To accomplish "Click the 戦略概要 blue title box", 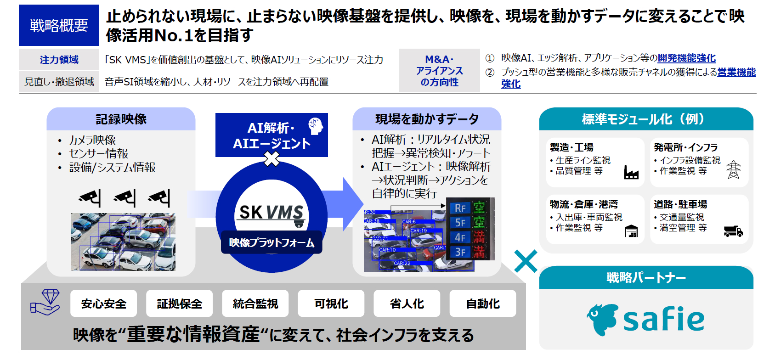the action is [x=59, y=25].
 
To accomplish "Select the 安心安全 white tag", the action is [x=103, y=304].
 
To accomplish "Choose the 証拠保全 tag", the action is [x=179, y=304].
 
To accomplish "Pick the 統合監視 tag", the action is [x=255, y=304].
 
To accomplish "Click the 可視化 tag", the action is [x=331, y=304].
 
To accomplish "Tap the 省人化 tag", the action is [x=407, y=304].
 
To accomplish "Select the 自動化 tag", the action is [x=483, y=304].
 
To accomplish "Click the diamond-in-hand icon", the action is [x=45, y=302].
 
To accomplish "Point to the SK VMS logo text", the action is [x=271, y=212].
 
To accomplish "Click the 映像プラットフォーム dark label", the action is [x=272, y=242].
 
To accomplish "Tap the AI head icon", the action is [x=316, y=126].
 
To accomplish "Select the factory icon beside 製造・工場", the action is [x=631, y=172].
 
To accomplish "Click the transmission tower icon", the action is [x=733, y=169].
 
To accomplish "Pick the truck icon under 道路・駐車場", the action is [x=733, y=231].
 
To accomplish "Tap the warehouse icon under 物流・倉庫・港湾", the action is [x=631, y=231].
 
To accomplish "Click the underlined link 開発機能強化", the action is [x=686, y=58].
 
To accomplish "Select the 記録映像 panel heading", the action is [x=121, y=119].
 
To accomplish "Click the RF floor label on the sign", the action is [x=460, y=208].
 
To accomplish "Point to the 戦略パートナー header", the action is [x=646, y=278].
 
